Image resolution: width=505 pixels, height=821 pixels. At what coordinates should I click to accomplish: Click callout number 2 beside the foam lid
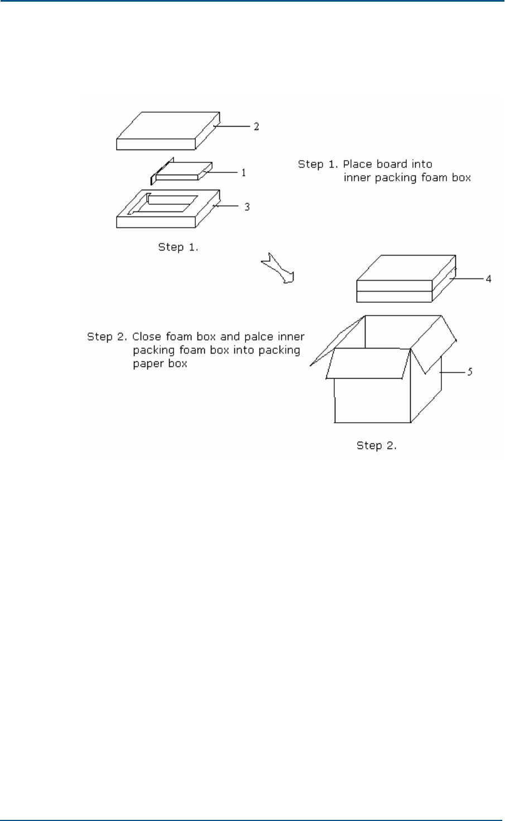tap(256, 127)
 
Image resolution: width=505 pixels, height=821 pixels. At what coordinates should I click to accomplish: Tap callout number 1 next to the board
tap(243, 173)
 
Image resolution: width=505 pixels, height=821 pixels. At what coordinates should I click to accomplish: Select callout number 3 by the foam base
tap(247, 207)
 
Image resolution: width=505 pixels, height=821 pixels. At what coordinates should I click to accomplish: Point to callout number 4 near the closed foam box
tap(488, 278)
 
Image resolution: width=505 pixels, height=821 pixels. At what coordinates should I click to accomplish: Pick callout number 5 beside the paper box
tap(470, 371)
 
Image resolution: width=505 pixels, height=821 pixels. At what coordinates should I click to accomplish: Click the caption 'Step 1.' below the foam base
tap(178, 247)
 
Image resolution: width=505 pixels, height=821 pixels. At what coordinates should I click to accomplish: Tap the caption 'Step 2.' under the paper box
tap(377, 446)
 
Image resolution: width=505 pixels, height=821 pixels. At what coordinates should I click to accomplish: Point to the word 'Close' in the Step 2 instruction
tap(146, 337)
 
